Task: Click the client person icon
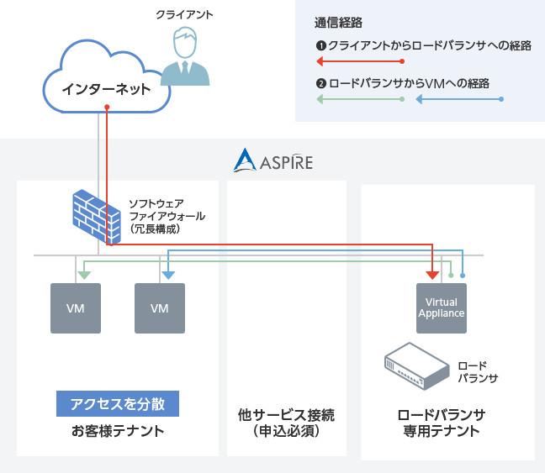tap(186, 56)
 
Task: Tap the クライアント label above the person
tap(185, 14)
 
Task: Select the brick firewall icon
tap(94, 216)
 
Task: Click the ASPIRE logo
tap(273, 160)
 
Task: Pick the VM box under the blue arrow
tap(160, 307)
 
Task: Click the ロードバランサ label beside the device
tap(478, 372)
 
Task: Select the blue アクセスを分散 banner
tap(118, 404)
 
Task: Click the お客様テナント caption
tap(118, 432)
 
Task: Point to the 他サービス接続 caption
tap(286, 423)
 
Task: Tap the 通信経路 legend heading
tap(336, 23)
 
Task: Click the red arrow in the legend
tap(360, 61)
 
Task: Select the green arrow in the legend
tap(360, 100)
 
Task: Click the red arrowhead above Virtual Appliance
tap(432, 275)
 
